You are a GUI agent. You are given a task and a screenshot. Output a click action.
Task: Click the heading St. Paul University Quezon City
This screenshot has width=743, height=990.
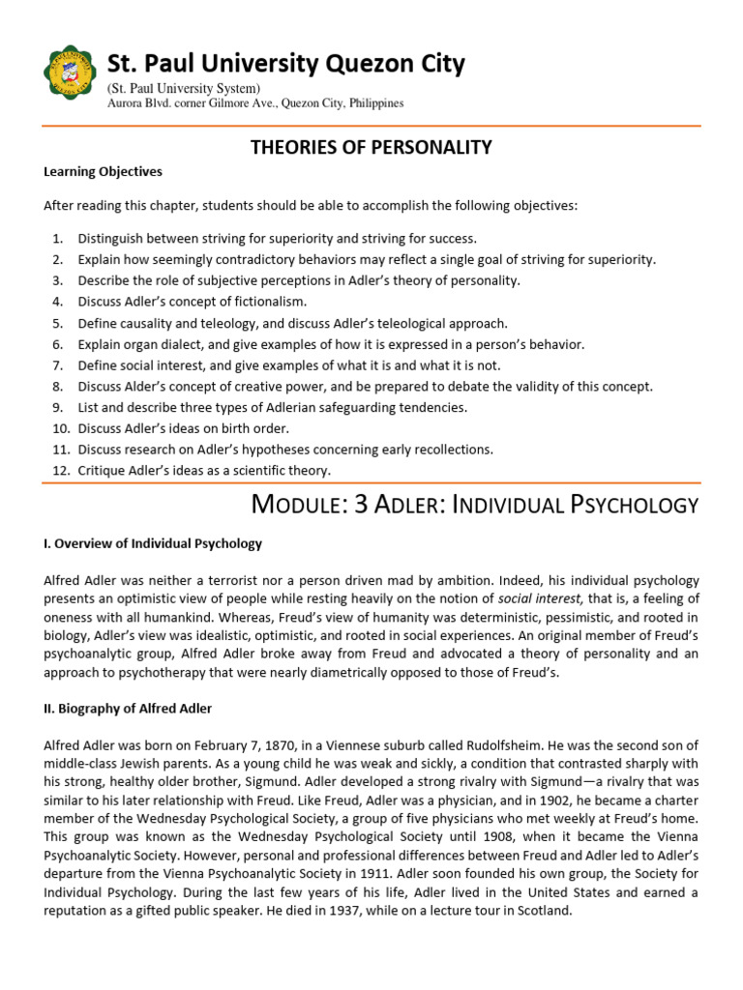pyautogui.click(x=285, y=64)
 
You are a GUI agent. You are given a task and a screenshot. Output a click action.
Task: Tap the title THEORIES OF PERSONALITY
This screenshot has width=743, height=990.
pyautogui.click(x=371, y=147)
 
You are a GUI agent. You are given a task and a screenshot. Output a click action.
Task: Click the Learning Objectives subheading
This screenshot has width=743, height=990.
pyautogui.click(x=103, y=172)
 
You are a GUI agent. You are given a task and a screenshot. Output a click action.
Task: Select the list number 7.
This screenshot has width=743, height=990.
pyautogui.click(x=57, y=365)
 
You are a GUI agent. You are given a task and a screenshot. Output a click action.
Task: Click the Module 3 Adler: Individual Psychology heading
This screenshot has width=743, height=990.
pyautogui.click(x=474, y=504)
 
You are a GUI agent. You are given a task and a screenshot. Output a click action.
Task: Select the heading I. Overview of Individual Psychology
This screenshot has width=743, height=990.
pyautogui.click(x=153, y=543)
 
